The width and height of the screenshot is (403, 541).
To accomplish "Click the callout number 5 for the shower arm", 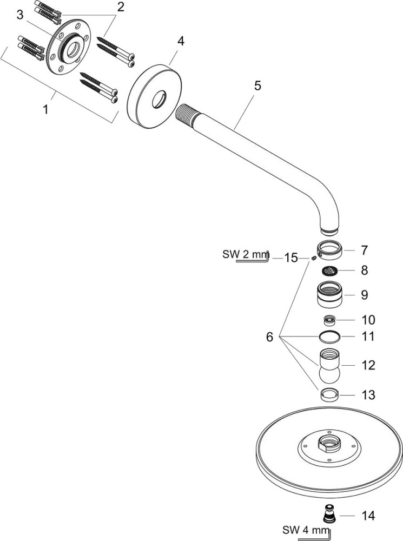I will point(257,85).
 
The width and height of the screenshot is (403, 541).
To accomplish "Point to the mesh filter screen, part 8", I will point(330,270).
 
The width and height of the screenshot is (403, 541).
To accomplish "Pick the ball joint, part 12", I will point(330,366).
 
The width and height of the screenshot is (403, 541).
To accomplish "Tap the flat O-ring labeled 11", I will point(330,337).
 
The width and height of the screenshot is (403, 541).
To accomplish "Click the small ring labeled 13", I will point(330,394).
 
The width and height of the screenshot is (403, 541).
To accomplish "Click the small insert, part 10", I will point(330,319).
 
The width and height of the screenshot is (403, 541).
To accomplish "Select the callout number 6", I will point(269,337).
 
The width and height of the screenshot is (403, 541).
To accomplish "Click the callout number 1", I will point(46,109).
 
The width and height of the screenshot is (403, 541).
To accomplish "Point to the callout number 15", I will point(291,258).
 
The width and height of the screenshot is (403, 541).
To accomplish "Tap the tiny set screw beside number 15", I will point(313,260).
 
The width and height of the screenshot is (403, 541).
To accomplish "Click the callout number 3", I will point(20,15).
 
